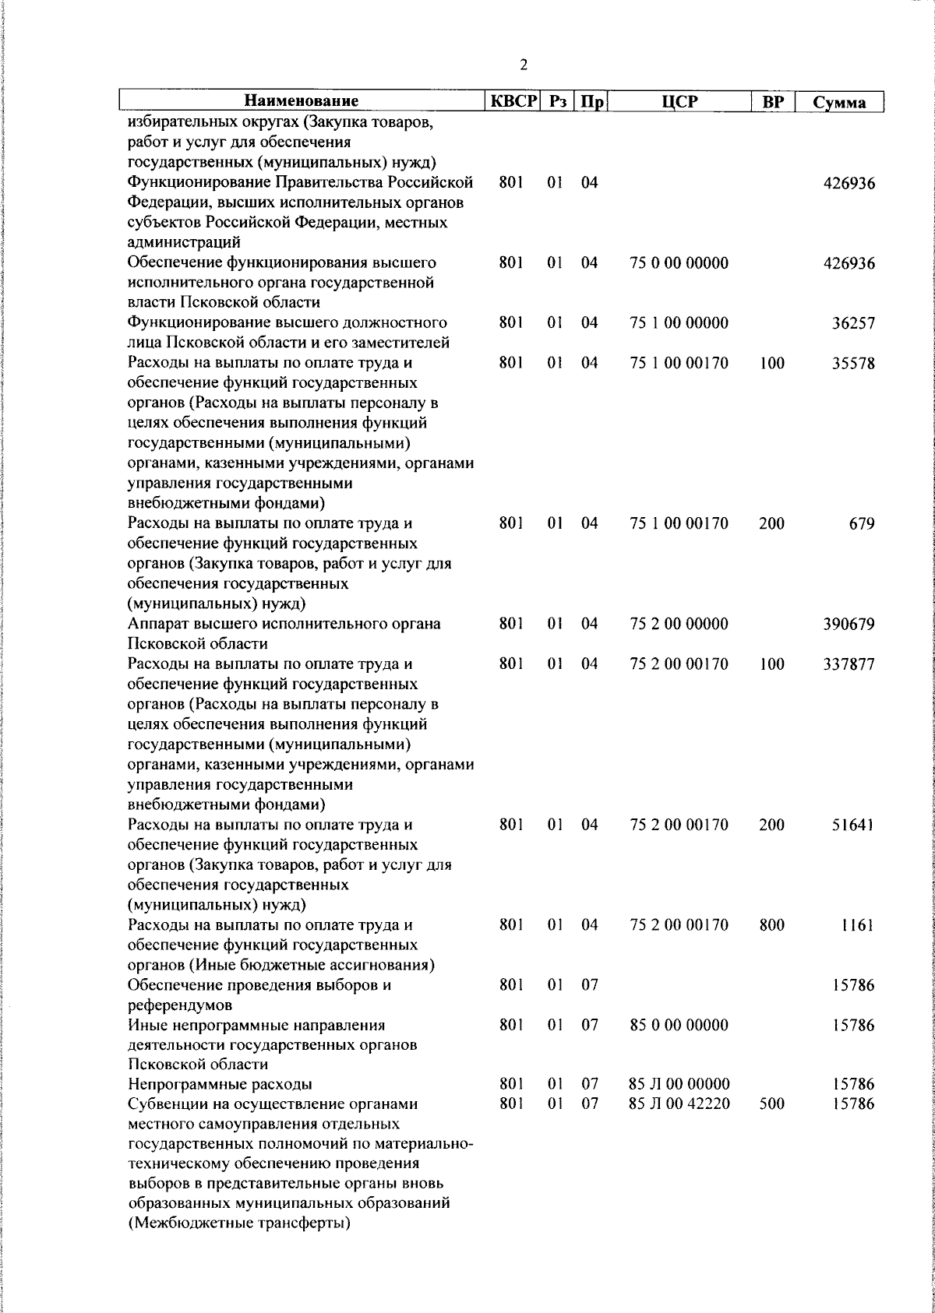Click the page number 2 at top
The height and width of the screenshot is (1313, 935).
pyautogui.click(x=524, y=65)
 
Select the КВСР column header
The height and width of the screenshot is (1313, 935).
pyautogui.click(x=513, y=102)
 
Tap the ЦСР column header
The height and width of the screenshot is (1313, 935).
pyautogui.click(x=679, y=102)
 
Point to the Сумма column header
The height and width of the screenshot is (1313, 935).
pyautogui.click(x=838, y=103)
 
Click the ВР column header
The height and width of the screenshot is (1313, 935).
pyautogui.click(x=771, y=102)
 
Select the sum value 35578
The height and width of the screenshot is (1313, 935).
pyautogui.click(x=853, y=364)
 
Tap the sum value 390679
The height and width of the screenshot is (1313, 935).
pyautogui.click(x=849, y=625)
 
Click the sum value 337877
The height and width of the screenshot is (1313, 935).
pyautogui.click(x=849, y=665)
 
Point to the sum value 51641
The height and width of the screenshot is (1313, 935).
pyautogui.click(x=853, y=825)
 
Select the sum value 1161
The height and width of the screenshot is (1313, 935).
pyautogui.click(x=857, y=926)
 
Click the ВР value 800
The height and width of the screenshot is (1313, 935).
pyautogui.click(x=771, y=926)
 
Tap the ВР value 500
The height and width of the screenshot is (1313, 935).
pyautogui.click(x=771, y=1104)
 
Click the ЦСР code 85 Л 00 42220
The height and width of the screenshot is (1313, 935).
pyautogui.click(x=679, y=1104)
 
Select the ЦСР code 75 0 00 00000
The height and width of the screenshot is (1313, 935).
pyautogui.click(x=679, y=263)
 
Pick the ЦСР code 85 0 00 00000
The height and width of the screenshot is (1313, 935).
pyautogui.click(x=679, y=1026)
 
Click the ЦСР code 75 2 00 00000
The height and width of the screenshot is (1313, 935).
pyautogui.click(x=679, y=625)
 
